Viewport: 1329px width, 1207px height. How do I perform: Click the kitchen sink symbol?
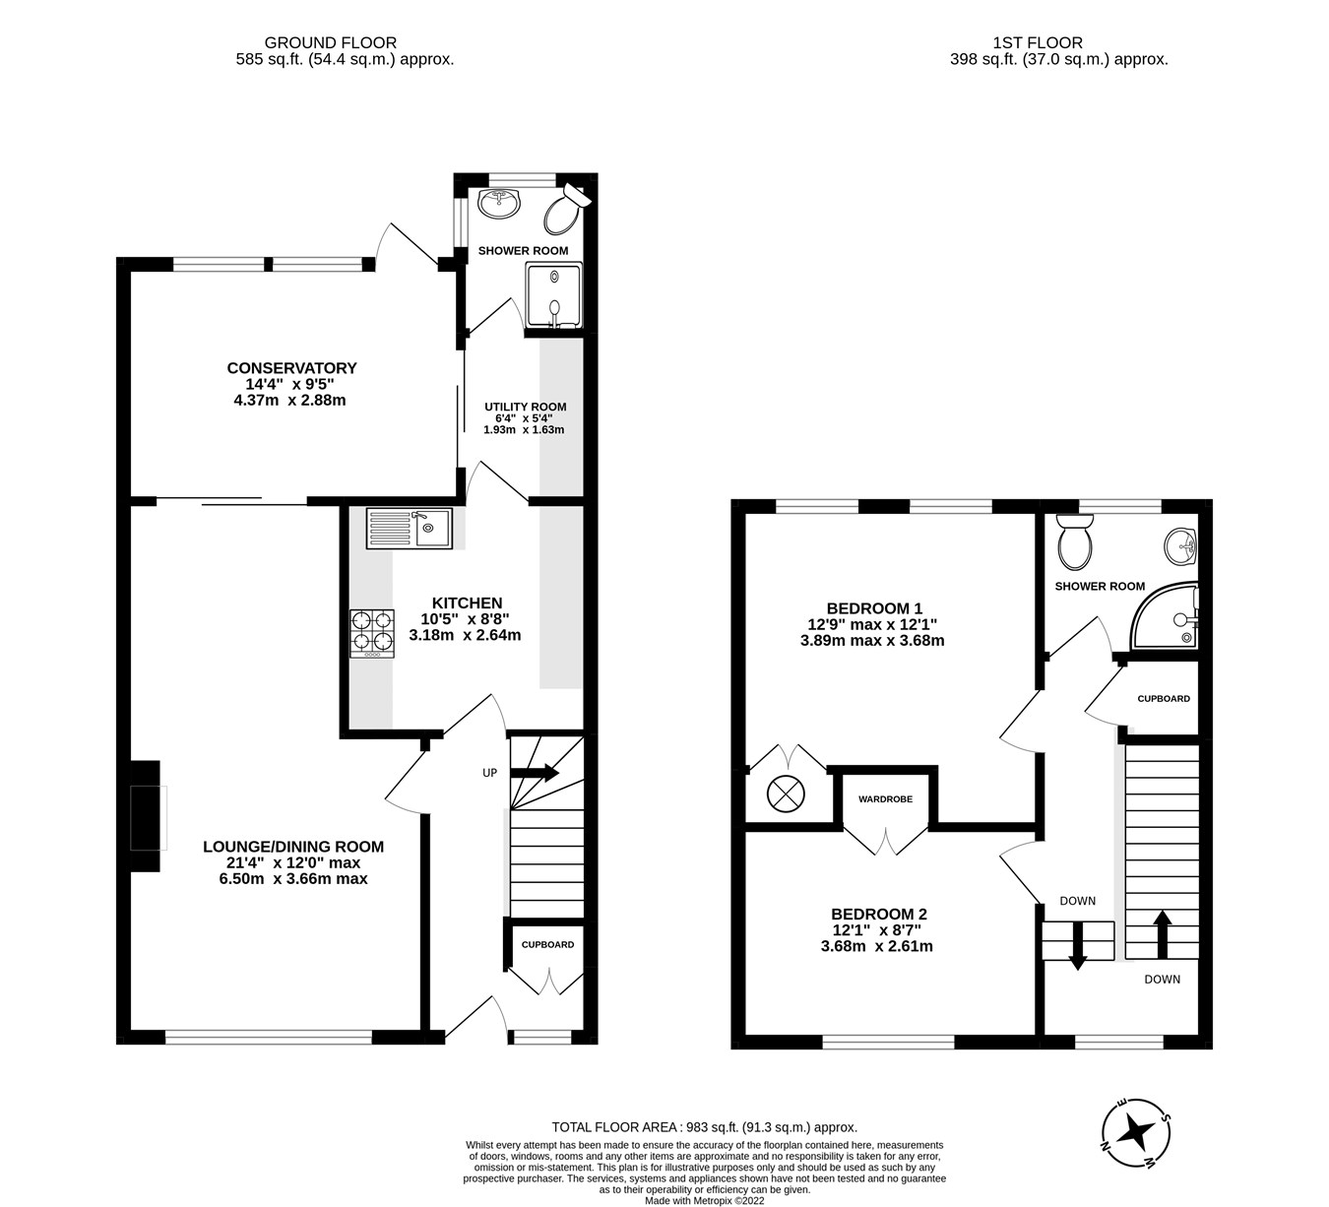coord(409,529)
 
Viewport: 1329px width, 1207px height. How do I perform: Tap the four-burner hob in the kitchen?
coord(371,633)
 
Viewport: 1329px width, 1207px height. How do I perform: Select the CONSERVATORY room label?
coord(291,368)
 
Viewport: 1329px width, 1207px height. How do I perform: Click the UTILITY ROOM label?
coord(525,407)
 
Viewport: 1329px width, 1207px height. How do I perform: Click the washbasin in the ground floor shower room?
coord(500,204)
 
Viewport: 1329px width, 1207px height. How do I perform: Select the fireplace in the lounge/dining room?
coord(146,816)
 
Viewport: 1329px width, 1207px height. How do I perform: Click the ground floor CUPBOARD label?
coord(547,944)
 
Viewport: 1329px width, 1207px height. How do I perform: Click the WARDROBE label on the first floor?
coord(885,799)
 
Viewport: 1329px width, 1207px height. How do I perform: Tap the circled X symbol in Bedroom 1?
coord(786,794)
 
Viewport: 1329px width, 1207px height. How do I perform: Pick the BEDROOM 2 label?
coord(878,914)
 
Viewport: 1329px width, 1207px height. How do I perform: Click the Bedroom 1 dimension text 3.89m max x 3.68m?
coord(872,640)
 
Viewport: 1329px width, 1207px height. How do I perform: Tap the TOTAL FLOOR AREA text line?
coord(704,1127)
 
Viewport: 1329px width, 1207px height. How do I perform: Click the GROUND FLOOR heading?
coord(331,42)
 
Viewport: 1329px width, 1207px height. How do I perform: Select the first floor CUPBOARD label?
coord(1163,699)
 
